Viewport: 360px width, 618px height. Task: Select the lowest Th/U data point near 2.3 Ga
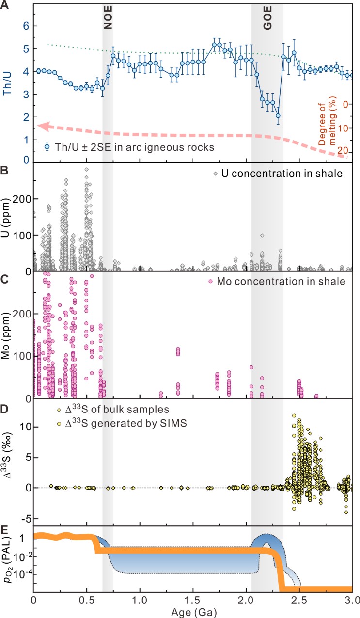(278, 115)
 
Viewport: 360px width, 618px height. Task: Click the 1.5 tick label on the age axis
(193, 602)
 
